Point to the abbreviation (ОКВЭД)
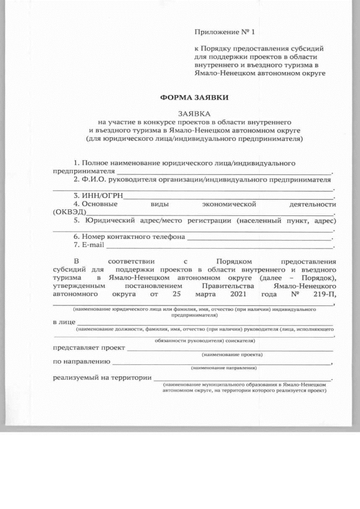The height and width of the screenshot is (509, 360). pyautogui.click(x=69, y=212)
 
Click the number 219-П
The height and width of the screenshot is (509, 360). pyautogui.click(x=325, y=294)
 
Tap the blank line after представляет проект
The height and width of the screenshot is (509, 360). pyautogui.click(x=231, y=349)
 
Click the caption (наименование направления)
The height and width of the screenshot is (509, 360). pyautogui.click(x=224, y=367)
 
